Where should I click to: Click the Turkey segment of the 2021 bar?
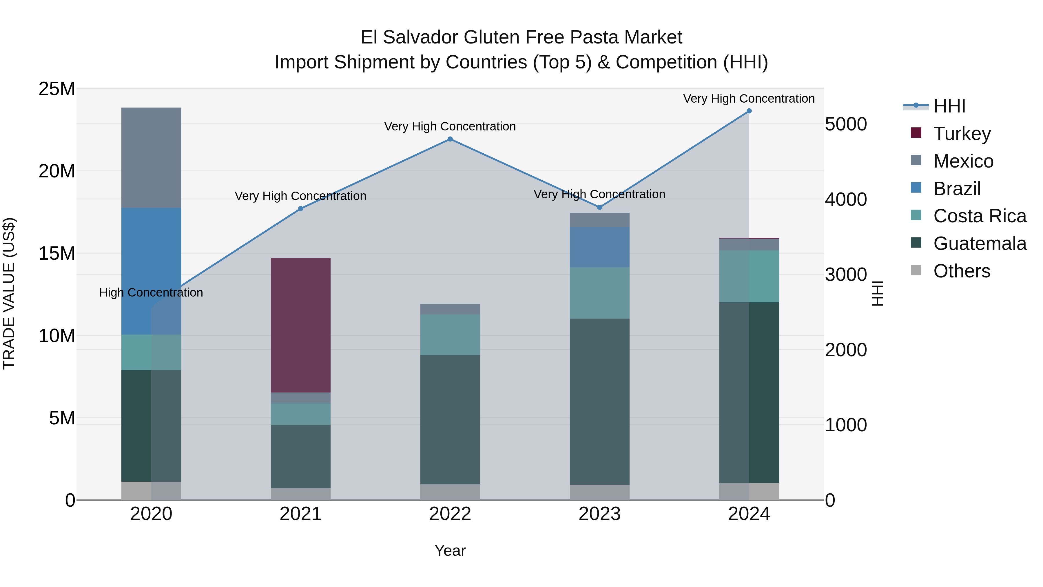click(300, 325)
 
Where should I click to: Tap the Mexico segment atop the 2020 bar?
click(151, 158)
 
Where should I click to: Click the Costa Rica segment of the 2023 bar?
click(599, 292)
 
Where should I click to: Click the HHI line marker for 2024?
click(749, 111)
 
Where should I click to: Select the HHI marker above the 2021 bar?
click(300, 209)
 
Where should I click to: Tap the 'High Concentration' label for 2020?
click(151, 292)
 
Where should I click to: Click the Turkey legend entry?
click(962, 134)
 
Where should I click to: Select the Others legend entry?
click(962, 271)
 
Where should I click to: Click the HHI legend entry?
click(949, 106)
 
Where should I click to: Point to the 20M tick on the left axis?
click(57, 171)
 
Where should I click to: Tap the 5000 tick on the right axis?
click(846, 124)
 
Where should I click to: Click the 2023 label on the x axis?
click(599, 514)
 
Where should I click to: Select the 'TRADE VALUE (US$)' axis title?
click(9, 294)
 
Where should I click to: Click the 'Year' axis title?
click(450, 550)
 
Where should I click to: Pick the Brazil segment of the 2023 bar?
click(599, 247)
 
